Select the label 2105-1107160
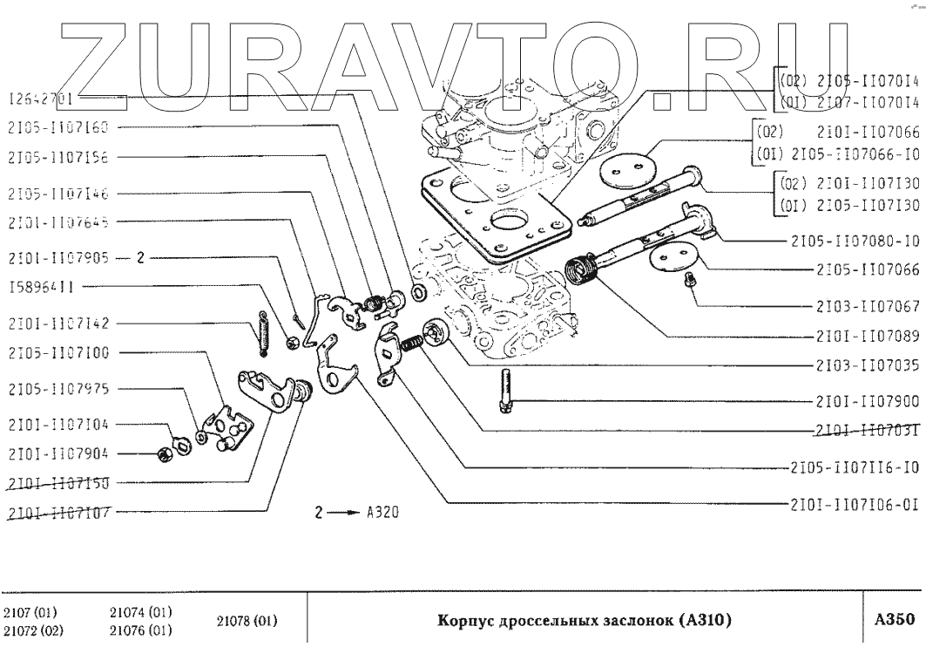[x=56, y=127]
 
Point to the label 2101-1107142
[x=57, y=323]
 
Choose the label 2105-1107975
[x=57, y=388]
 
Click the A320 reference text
[x=383, y=512]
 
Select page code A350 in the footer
[x=894, y=621]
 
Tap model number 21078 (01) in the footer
[x=247, y=621]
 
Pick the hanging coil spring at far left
[x=262, y=332]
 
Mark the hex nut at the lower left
[x=162, y=453]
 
